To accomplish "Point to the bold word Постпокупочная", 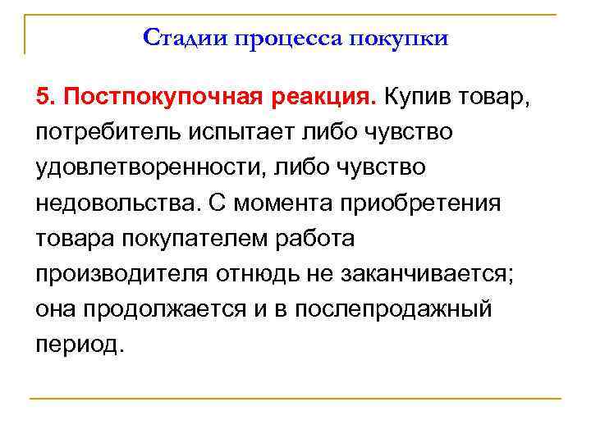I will [159, 98].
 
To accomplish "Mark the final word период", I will [80, 344].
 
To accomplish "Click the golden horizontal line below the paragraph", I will [295, 399].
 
